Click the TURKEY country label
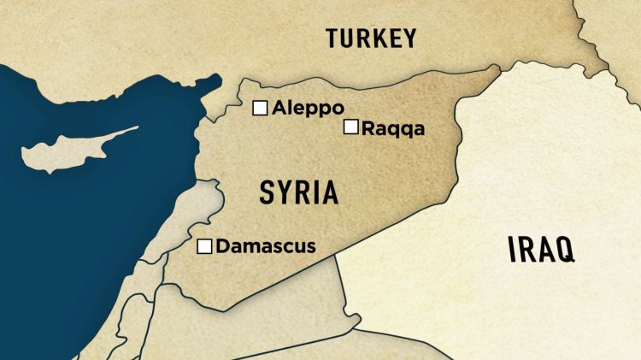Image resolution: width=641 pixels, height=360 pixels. [370, 38]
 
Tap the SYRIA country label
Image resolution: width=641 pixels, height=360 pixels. [298, 192]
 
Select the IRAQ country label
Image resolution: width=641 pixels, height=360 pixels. [540, 250]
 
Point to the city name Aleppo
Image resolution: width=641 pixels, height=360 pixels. [308, 109]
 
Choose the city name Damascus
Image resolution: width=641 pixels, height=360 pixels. [266, 247]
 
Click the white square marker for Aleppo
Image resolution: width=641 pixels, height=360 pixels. [260, 108]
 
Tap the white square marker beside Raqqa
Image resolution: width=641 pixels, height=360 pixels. [350, 127]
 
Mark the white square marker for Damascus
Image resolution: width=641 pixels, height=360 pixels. [204, 247]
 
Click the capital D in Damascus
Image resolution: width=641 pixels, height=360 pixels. [222, 247]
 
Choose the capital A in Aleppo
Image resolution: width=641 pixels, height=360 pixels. [279, 109]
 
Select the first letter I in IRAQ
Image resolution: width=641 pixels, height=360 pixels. [513, 250]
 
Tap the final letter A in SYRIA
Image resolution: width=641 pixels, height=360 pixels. [329, 192]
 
